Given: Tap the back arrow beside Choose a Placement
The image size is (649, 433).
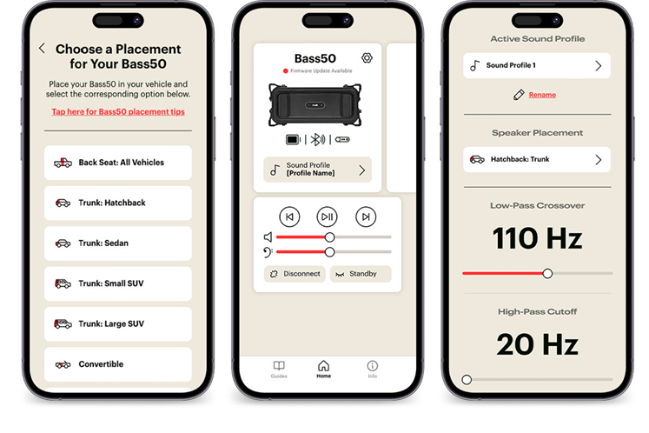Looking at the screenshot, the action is click(42, 48).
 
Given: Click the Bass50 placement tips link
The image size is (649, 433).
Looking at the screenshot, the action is click(118, 112).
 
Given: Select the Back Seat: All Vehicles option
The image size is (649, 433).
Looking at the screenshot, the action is click(118, 163).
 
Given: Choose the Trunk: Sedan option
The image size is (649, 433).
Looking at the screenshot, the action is click(118, 243).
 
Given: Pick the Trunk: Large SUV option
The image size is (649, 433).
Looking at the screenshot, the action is click(118, 324).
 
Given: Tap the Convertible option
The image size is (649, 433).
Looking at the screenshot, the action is click(118, 364).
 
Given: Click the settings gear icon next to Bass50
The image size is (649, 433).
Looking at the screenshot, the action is click(367, 58).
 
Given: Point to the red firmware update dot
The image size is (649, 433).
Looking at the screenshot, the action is click(285, 70).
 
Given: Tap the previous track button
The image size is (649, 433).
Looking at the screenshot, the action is click(289, 216).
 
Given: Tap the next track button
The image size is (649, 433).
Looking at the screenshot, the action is click(366, 216).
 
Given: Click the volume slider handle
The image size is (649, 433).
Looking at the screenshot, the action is click(329, 237).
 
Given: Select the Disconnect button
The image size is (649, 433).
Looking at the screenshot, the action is click(295, 274).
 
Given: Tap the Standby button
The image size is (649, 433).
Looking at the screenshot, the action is click(361, 274).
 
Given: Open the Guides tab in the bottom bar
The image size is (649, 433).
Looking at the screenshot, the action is click(279, 370).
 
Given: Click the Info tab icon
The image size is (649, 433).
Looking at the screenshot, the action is click(372, 366).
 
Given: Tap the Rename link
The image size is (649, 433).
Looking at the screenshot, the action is click(542, 95).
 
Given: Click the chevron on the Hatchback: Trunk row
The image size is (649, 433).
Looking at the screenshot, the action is click(598, 159).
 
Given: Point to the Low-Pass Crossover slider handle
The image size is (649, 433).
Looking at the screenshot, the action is click(547, 274).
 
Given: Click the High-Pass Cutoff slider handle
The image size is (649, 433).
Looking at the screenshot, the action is click(467, 380).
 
